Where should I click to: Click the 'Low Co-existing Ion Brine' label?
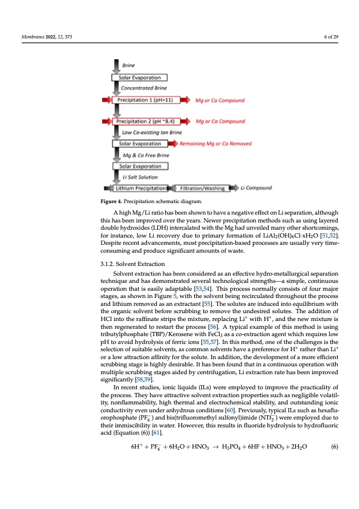(x=152, y=132)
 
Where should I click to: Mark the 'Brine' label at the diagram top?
(x=129, y=65)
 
